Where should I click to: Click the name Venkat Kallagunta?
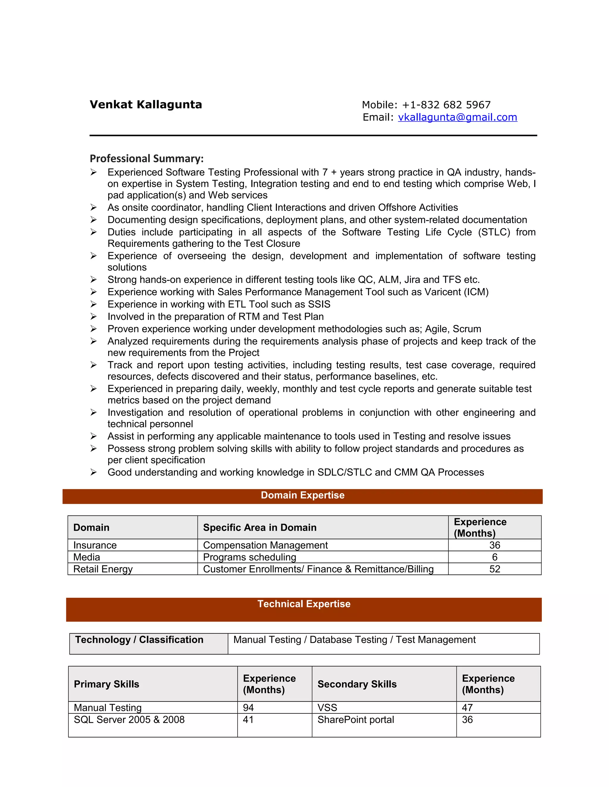coord(146,105)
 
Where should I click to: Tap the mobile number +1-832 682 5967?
coord(446,105)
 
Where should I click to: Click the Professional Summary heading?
coord(147,159)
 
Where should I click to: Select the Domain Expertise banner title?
coord(302,495)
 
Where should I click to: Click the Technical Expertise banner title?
coord(304,604)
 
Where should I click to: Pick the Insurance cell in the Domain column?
coord(95,545)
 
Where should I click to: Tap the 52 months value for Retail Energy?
coord(494,569)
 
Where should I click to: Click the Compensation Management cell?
coord(265,545)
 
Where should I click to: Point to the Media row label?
coord(87,557)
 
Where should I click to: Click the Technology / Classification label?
coord(139,640)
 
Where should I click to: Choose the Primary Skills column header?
coord(106,684)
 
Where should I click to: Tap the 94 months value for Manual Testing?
coord(248,708)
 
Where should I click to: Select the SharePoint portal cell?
coord(355,720)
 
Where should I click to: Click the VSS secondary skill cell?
coord(327,708)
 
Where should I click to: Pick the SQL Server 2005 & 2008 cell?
coord(129,720)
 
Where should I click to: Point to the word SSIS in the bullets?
coord(319,304)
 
